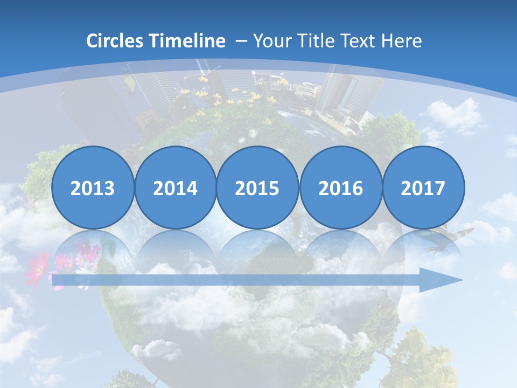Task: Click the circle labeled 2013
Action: pos(93,188)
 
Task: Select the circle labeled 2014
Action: pos(176,188)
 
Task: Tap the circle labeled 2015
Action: pos(257,188)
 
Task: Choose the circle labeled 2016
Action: pos(341,188)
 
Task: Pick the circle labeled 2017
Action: pos(423,188)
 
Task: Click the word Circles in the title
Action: pos(116,41)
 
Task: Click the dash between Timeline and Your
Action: pos(241,41)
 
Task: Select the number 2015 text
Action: pos(257,188)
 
